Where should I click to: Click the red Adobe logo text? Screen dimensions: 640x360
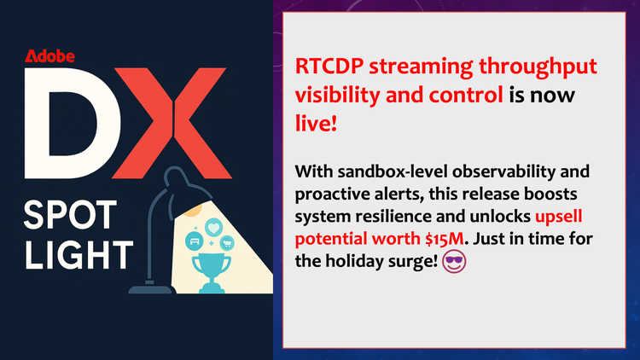click(x=49, y=56)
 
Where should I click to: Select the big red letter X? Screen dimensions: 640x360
click(x=172, y=123)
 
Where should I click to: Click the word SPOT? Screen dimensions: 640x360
click(x=70, y=215)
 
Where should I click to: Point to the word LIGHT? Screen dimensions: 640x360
click(x=79, y=255)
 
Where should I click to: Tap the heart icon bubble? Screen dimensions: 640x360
click(x=213, y=228)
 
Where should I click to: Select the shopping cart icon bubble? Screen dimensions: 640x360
click(x=227, y=243)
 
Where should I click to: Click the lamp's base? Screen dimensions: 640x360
click(x=152, y=289)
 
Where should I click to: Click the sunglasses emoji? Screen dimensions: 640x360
click(x=454, y=262)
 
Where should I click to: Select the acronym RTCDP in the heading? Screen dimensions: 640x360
click(x=329, y=67)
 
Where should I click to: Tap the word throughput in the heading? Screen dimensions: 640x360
click(x=538, y=67)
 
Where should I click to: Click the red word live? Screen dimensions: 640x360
click(x=316, y=124)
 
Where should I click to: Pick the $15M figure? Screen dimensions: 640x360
click(x=444, y=239)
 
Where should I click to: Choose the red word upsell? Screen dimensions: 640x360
click(x=558, y=218)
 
